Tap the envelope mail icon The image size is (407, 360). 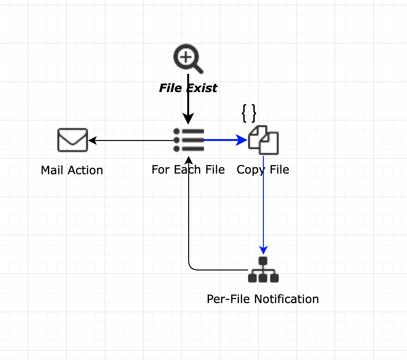point(73,140)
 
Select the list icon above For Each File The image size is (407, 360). point(188,140)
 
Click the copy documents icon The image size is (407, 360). point(263,140)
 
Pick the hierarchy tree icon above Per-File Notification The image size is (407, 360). point(263,270)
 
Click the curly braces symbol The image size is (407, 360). point(249,113)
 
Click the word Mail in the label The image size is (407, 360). point(52,170)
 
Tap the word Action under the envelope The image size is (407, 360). point(85,170)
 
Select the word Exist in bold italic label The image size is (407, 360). point(202,88)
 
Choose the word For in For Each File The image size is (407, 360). point(160,169)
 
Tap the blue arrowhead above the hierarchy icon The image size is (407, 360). point(263,250)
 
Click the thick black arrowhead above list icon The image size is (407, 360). point(188,119)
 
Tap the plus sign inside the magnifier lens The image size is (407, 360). point(186,57)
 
